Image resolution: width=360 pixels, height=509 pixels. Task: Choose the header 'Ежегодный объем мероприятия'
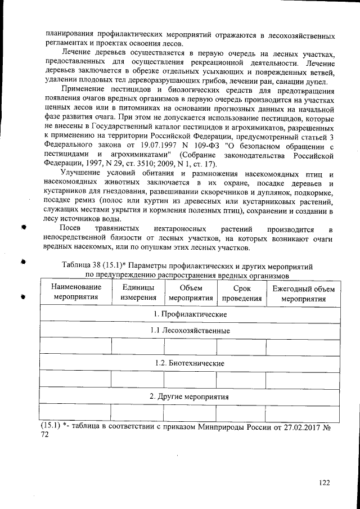[303, 293]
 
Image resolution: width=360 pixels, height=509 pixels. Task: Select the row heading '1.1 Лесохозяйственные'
[190, 331]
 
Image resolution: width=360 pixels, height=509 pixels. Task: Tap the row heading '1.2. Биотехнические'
[190, 363]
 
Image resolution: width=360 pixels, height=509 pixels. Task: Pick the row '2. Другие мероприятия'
[190, 397]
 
